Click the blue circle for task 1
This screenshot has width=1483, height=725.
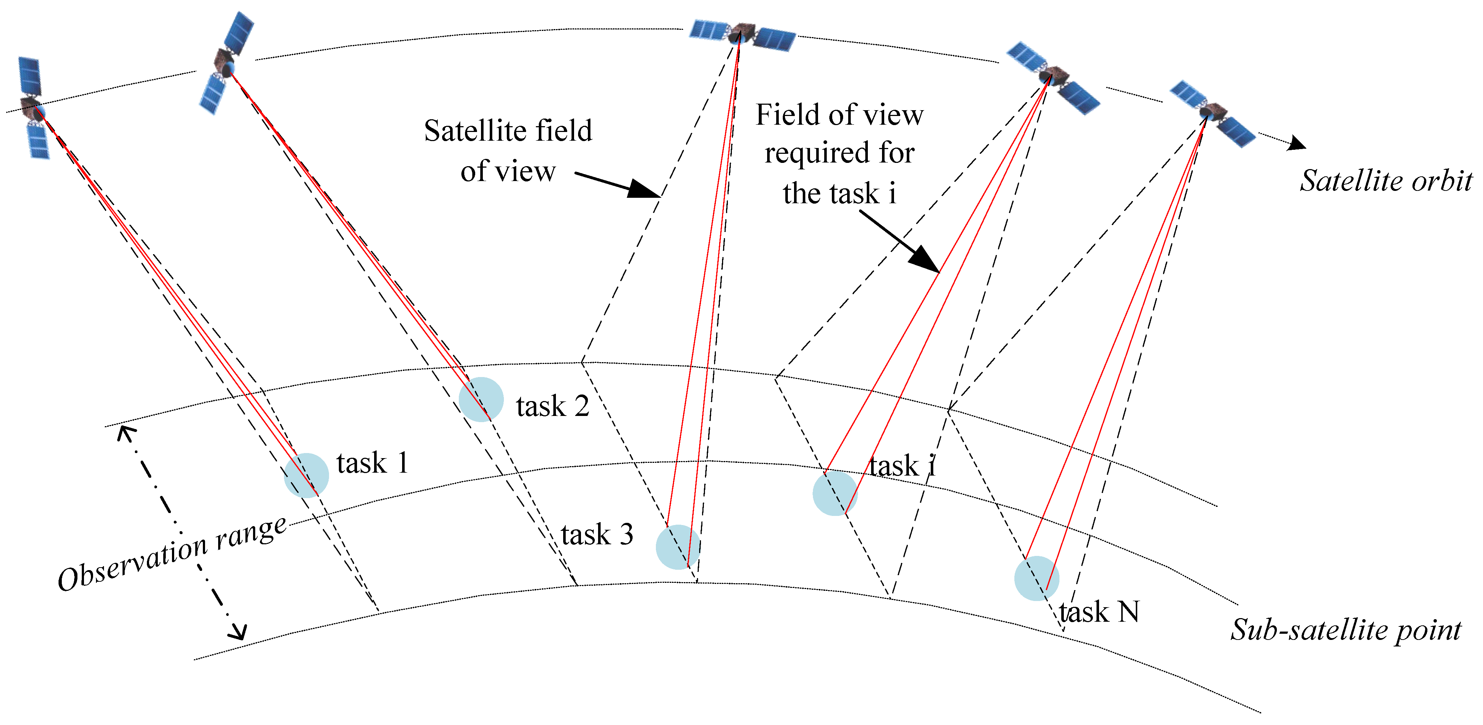(x=306, y=475)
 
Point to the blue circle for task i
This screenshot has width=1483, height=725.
(x=835, y=493)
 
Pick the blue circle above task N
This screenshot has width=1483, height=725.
(x=1036, y=578)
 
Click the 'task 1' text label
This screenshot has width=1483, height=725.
(x=373, y=463)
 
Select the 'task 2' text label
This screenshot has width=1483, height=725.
(x=552, y=406)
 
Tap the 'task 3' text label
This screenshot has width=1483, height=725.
(x=597, y=534)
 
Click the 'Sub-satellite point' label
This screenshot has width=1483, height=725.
(x=1346, y=629)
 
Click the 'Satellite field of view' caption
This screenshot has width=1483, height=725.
(x=508, y=150)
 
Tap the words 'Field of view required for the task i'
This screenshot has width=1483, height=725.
(x=839, y=153)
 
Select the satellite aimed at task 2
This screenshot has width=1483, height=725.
(x=226, y=62)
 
